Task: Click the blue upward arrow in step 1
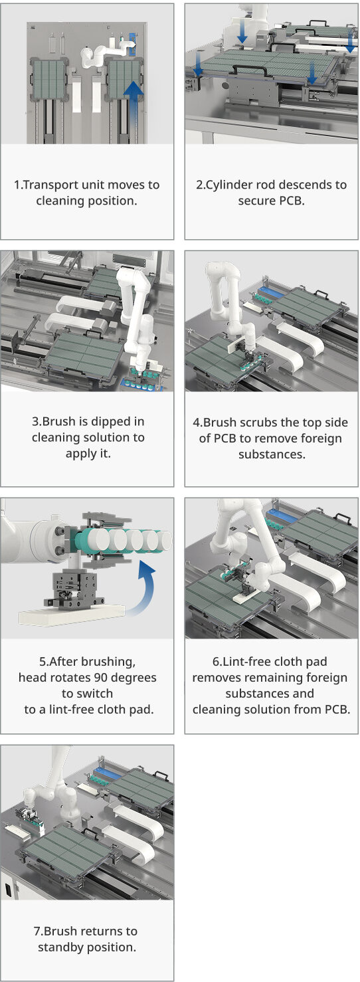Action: [x=134, y=108]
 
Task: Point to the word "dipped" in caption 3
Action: [x=111, y=422]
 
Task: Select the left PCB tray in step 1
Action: [x=49, y=80]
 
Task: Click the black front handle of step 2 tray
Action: [x=250, y=70]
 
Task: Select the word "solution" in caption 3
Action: [x=111, y=438]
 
